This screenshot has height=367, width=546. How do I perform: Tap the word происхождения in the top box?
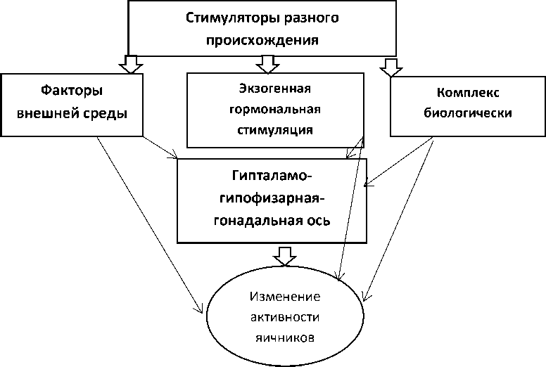click(x=262, y=39)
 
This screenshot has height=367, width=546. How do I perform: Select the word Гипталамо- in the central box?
click(x=272, y=175)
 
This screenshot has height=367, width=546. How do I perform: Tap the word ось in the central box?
click(x=320, y=220)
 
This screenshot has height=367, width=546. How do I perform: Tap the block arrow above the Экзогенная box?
click(x=267, y=65)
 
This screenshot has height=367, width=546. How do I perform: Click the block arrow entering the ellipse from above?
click(x=284, y=256)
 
